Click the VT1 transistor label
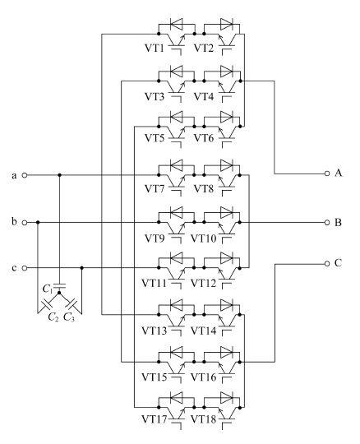(x=155, y=49)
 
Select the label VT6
(x=204, y=138)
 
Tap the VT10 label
(x=204, y=238)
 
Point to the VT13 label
(x=154, y=331)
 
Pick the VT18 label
(x=204, y=419)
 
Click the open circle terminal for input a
(x=25, y=175)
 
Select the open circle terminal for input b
(x=25, y=223)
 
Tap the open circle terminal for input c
(x=25, y=268)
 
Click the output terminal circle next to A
(x=327, y=173)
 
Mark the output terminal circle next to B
(x=327, y=223)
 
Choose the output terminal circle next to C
(x=327, y=264)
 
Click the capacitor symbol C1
(x=59, y=285)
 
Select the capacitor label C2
(x=53, y=317)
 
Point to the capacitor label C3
(x=69, y=317)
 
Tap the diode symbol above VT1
(x=177, y=24)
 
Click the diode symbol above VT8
(x=227, y=165)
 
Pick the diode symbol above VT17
(x=177, y=398)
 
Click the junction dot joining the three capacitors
(x=59, y=293)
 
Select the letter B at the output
(x=338, y=223)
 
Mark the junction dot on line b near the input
(x=38, y=223)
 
